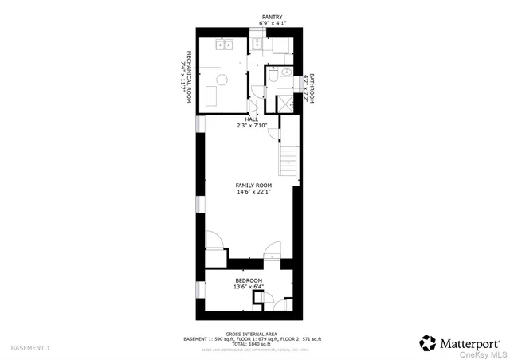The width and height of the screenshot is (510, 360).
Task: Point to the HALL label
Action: pos(251,119)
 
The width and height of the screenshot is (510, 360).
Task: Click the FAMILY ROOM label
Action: pos(253,185)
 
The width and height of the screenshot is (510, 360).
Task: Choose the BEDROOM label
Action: pos(249,280)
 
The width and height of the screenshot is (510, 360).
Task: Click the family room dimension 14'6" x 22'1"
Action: pos(253,192)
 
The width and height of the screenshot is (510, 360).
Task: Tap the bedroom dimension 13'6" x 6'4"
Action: pos(249,287)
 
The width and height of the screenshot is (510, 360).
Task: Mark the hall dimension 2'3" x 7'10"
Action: pos(251,126)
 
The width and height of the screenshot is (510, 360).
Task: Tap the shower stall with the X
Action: pos(281,102)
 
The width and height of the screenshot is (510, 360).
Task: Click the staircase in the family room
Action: pos(288,162)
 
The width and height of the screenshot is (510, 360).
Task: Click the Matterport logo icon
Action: pos(428,342)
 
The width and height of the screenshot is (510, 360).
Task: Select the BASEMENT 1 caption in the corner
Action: pos(30,348)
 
